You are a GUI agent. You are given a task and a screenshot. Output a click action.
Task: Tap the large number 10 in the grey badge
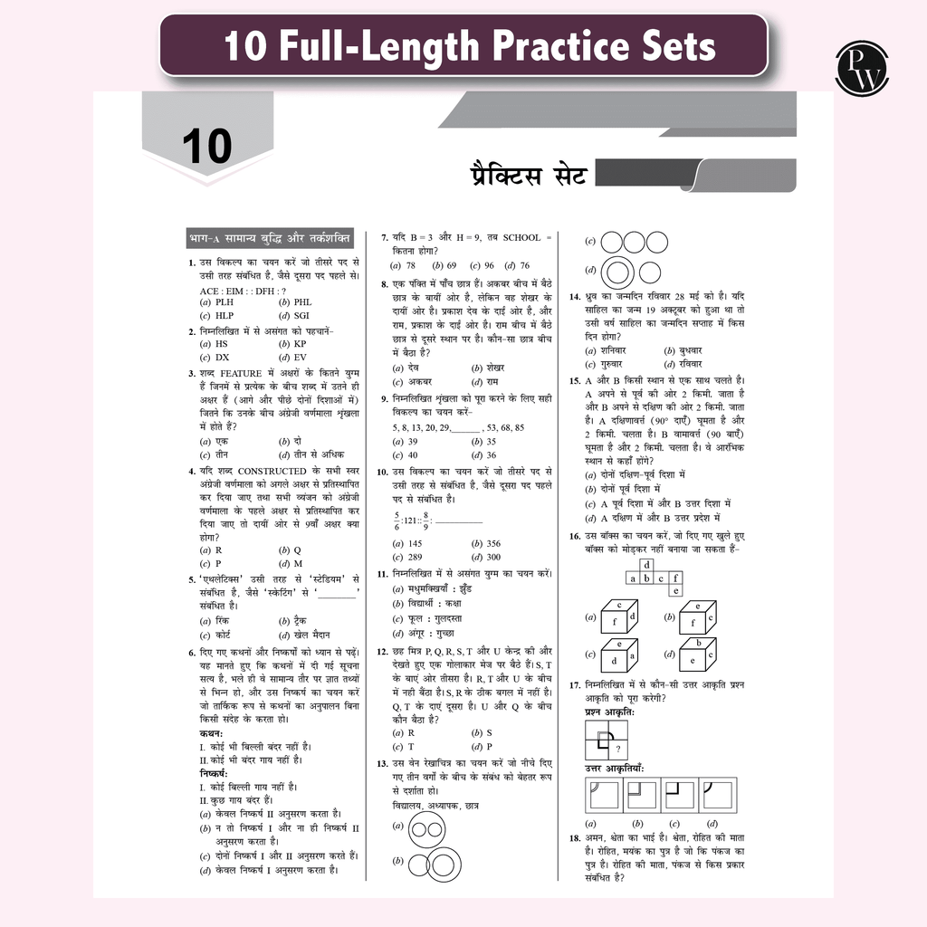tap(206, 147)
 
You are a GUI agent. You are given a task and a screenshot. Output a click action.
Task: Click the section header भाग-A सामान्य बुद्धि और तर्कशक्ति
tap(270, 237)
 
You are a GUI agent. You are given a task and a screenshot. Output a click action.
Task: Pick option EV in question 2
tap(301, 357)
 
